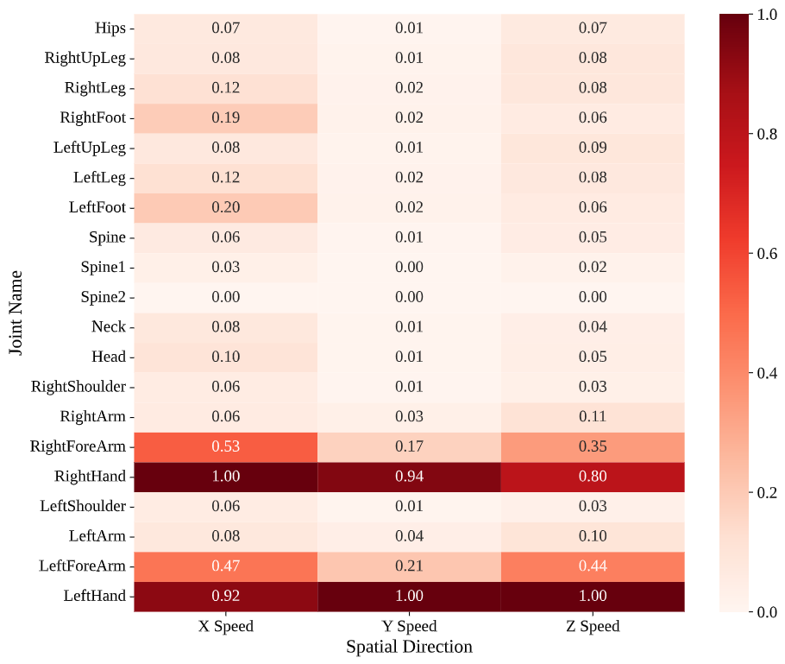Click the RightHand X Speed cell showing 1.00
pyautogui.click(x=226, y=476)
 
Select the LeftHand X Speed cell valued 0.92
pyautogui.click(x=226, y=596)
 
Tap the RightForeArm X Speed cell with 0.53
pyautogui.click(x=226, y=446)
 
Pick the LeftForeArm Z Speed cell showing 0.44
pyautogui.click(x=593, y=566)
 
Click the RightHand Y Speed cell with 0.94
pyautogui.click(x=409, y=476)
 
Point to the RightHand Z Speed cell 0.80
pyautogui.click(x=593, y=476)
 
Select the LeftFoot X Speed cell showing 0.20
pyautogui.click(x=226, y=207)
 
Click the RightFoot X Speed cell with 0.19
pyautogui.click(x=226, y=117)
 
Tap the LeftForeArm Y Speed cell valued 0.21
pyautogui.click(x=409, y=566)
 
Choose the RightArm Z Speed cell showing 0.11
pyautogui.click(x=593, y=416)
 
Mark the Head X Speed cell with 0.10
pyautogui.click(x=226, y=357)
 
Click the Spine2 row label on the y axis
pyautogui.click(x=104, y=297)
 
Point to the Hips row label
pyautogui.click(x=110, y=28)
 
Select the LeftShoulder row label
pyautogui.click(x=83, y=506)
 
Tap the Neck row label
pyautogui.click(x=109, y=326)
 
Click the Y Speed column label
pyautogui.click(x=409, y=627)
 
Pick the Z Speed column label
pyautogui.click(x=593, y=627)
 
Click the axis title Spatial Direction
pyautogui.click(x=409, y=647)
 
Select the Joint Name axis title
pyautogui.click(x=16, y=312)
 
